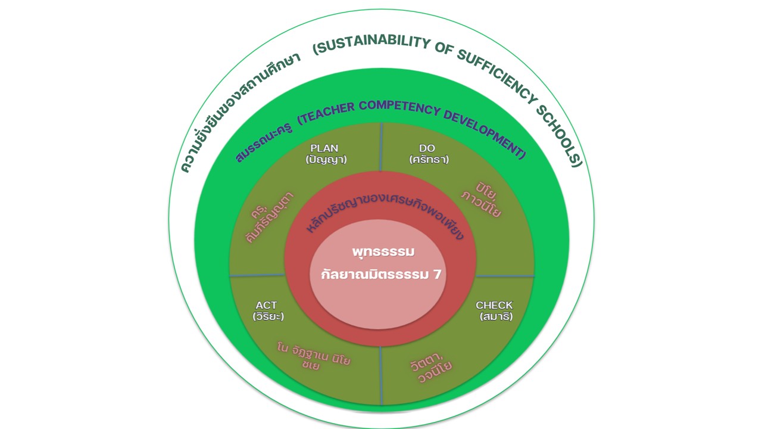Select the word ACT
click(x=267, y=305)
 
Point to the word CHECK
click(x=494, y=305)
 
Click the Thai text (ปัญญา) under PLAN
click(x=326, y=159)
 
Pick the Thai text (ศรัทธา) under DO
click(x=429, y=159)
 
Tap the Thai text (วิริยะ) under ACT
click(x=268, y=316)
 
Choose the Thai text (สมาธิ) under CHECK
click(x=496, y=316)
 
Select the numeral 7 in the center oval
click(x=441, y=275)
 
